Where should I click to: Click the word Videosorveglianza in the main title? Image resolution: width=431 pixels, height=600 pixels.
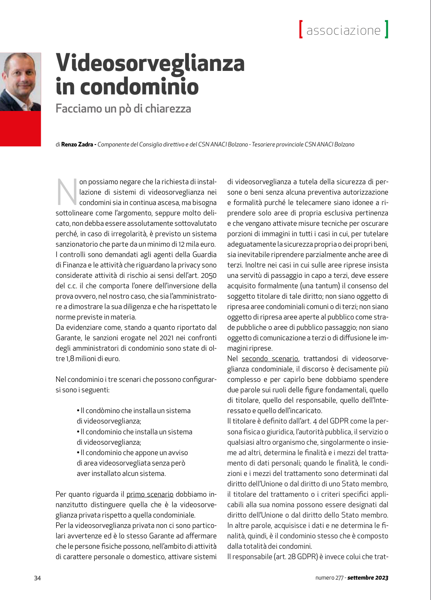(x=150, y=63)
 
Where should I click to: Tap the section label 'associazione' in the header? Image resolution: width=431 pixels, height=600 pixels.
(x=343, y=30)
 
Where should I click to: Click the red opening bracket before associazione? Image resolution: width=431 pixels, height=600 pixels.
(x=301, y=29)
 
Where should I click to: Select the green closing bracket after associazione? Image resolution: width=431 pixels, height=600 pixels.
(x=386, y=29)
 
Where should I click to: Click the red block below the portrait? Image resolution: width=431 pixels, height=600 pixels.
(x=20, y=129)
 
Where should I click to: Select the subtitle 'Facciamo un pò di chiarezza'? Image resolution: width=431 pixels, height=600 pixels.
(x=123, y=108)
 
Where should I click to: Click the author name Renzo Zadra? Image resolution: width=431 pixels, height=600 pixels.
(x=77, y=145)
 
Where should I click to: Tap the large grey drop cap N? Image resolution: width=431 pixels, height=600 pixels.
(x=67, y=192)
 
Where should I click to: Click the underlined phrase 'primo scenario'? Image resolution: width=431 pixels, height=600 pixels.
(x=150, y=494)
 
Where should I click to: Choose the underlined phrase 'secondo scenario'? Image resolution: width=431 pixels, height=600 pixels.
(x=269, y=358)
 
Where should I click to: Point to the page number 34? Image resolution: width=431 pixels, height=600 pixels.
(x=37, y=578)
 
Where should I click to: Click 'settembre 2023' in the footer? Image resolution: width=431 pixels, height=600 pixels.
(x=368, y=578)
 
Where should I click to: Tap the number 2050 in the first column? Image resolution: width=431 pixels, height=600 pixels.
(x=209, y=275)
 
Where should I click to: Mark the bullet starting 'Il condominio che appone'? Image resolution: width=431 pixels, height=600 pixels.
(x=132, y=453)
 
